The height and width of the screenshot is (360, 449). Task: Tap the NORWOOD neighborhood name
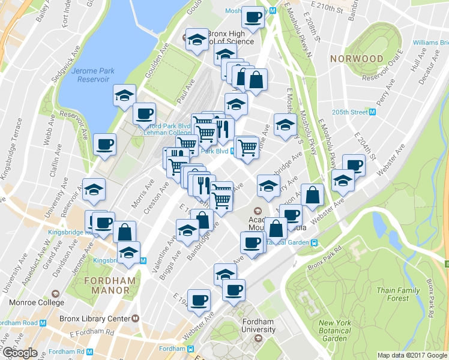tap(356, 59)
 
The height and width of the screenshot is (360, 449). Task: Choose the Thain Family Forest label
tap(398, 294)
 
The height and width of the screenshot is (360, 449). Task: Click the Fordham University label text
tap(259, 325)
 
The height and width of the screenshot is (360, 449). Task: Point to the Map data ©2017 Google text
tap(412, 355)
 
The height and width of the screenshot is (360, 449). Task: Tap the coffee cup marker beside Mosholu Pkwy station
tap(253, 17)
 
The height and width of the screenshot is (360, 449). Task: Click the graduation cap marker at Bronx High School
tap(196, 40)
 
